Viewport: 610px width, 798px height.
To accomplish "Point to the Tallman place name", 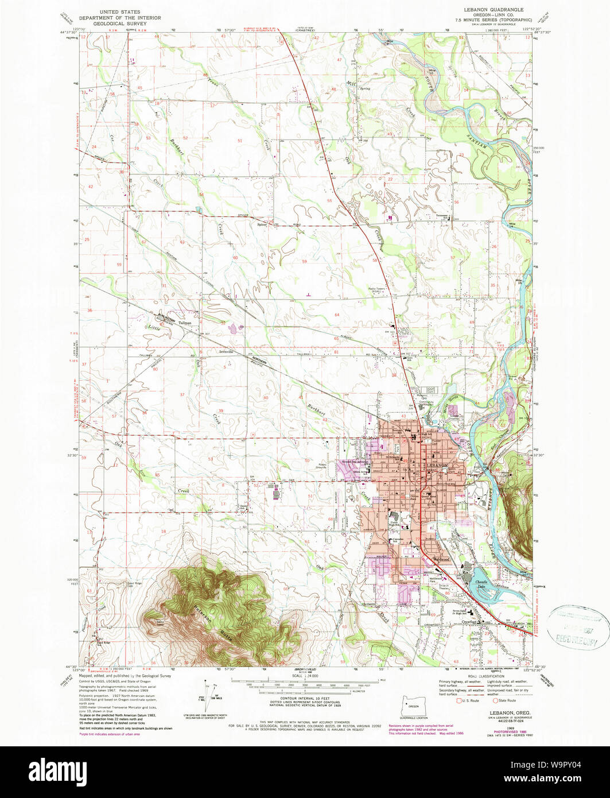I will coord(184,323).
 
